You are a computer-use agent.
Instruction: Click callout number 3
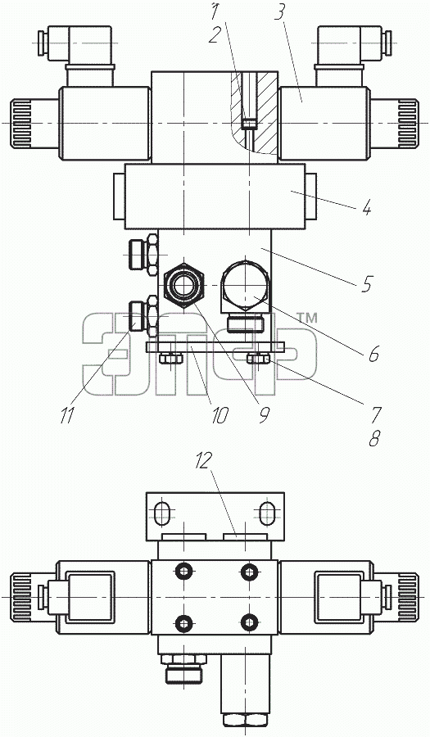point(279,14)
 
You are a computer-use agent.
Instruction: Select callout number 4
point(367,207)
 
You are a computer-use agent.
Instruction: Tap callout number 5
point(367,284)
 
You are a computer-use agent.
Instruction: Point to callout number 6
point(373,354)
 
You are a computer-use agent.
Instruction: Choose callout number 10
point(220,415)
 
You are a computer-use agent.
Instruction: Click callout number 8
point(374,438)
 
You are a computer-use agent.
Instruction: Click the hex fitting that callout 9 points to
point(183,284)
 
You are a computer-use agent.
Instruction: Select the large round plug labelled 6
point(247,285)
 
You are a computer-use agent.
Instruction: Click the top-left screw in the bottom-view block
point(183,572)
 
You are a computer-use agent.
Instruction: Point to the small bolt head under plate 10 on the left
point(170,359)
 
